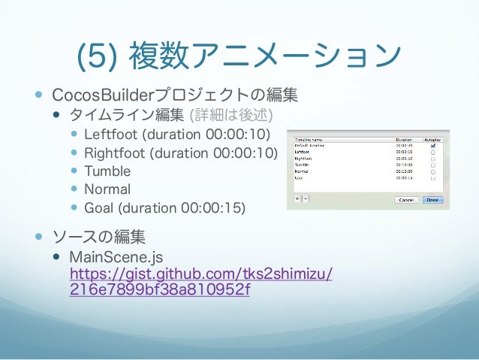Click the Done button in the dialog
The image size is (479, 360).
coord(434,200)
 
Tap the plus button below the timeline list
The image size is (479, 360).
coord(297,200)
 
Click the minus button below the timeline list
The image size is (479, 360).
coord(306,200)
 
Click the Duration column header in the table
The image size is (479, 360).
coord(405,139)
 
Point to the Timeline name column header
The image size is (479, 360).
coord(315,139)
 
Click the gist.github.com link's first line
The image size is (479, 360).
coord(200,274)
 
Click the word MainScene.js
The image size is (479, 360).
coord(116,258)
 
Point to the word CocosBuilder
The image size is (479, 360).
coord(102,96)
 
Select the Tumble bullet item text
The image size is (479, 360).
coord(107,171)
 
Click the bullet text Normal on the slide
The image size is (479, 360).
coord(107,189)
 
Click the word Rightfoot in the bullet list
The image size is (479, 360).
coord(115,153)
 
